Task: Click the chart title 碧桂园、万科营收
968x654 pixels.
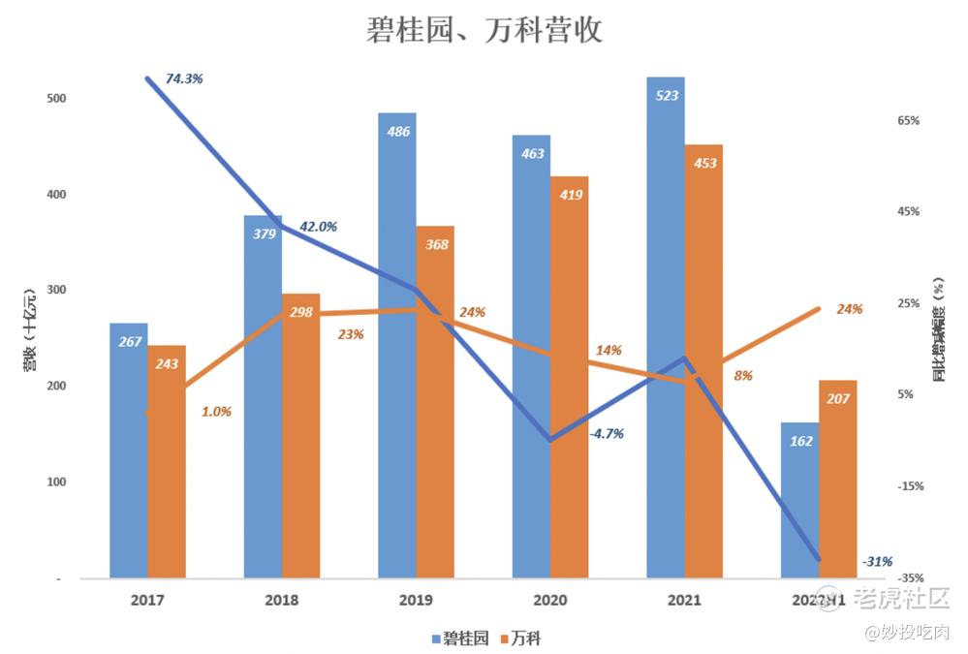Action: pos(484,30)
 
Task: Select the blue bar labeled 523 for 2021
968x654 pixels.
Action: pos(666,329)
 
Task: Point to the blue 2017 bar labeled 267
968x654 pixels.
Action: pos(129,451)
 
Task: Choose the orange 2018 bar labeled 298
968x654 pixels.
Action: pos(300,436)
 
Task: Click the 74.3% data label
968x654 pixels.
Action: pos(184,79)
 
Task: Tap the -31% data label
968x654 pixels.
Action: pos(877,561)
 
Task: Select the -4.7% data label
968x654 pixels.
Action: pos(607,433)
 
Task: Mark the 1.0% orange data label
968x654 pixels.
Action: pos(216,411)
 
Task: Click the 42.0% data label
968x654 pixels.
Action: pos(318,227)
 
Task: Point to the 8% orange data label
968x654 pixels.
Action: pos(743,375)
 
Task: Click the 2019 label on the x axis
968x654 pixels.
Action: pos(416,601)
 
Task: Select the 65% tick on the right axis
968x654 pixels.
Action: pos(908,121)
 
